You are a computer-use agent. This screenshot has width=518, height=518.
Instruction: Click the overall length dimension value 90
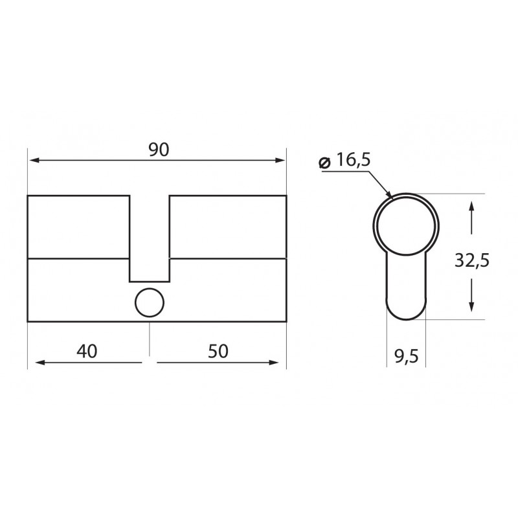click(159, 150)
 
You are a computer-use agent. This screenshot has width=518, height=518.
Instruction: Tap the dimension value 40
click(87, 352)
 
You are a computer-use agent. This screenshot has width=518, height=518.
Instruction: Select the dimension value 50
click(218, 352)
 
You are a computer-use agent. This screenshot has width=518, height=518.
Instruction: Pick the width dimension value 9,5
click(405, 355)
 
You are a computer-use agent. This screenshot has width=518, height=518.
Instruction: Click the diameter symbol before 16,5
click(325, 163)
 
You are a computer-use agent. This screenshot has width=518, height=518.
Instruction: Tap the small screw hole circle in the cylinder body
click(150, 302)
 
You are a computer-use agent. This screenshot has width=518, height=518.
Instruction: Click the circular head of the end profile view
click(407, 223)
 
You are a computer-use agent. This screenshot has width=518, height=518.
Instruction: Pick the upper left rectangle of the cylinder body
click(78, 226)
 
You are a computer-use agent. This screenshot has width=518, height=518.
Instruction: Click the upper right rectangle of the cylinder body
click(227, 226)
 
